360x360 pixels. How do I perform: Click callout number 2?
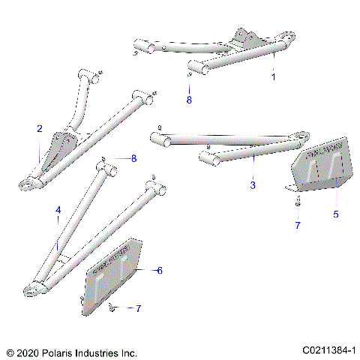(39, 129)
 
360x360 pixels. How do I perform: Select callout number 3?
(253, 184)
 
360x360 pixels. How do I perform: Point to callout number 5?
(335, 214)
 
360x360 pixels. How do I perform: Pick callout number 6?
(159, 270)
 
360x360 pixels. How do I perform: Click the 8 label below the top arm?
(189, 98)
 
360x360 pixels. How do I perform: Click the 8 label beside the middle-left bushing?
(133, 158)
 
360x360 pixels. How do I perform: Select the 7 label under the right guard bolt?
(297, 225)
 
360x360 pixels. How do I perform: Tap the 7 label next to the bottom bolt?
(137, 308)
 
